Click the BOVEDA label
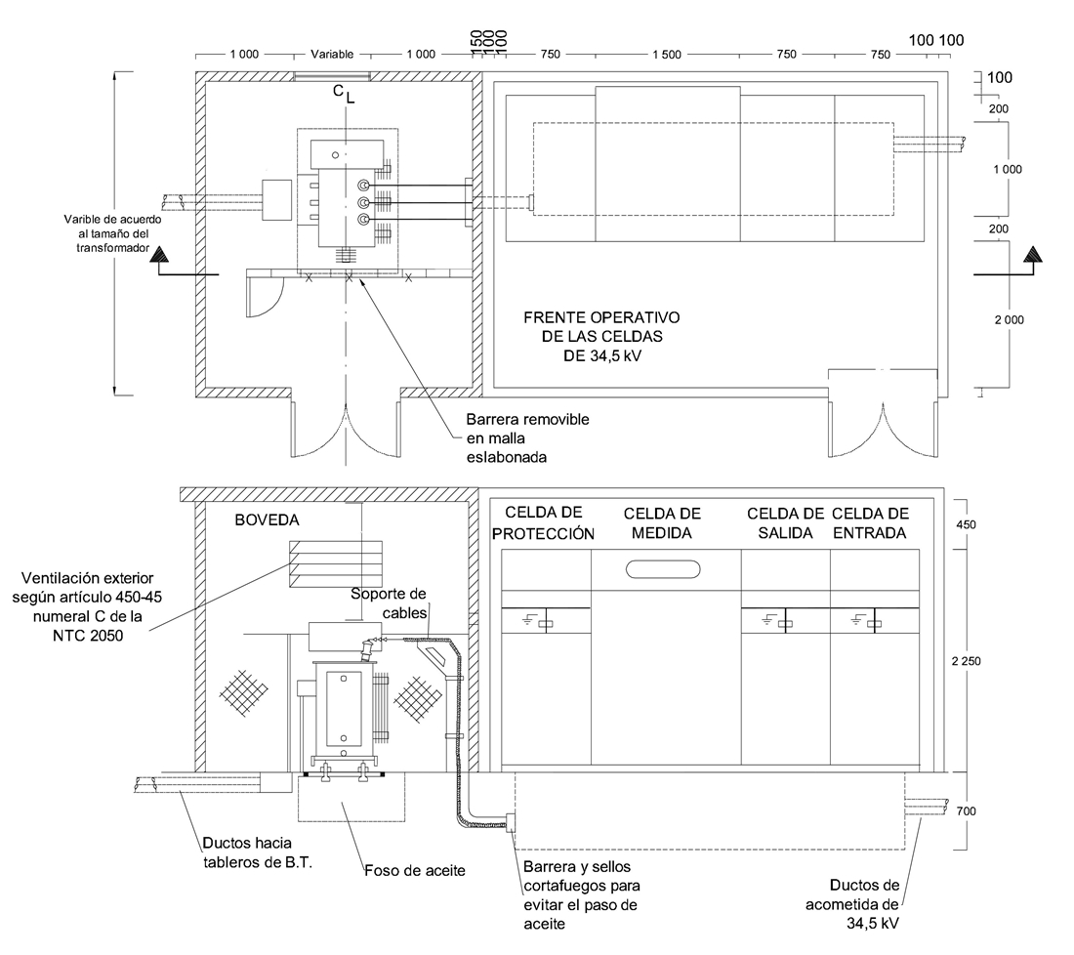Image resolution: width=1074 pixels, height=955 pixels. click(x=268, y=519)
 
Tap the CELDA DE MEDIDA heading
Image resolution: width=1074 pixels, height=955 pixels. click(x=662, y=523)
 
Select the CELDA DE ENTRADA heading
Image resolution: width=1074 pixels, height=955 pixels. click(x=870, y=523)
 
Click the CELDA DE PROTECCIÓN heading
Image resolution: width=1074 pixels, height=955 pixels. click(x=544, y=523)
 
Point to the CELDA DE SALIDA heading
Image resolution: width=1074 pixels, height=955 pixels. click(x=785, y=523)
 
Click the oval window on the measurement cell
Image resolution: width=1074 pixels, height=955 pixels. click(x=663, y=569)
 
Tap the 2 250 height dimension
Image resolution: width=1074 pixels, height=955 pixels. click(x=966, y=661)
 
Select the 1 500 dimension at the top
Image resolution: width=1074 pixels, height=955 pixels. click(x=667, y=55)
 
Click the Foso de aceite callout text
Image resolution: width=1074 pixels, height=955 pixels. click(x=414, y=871)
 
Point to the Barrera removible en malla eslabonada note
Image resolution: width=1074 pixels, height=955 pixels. click(x=527, y=438)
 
